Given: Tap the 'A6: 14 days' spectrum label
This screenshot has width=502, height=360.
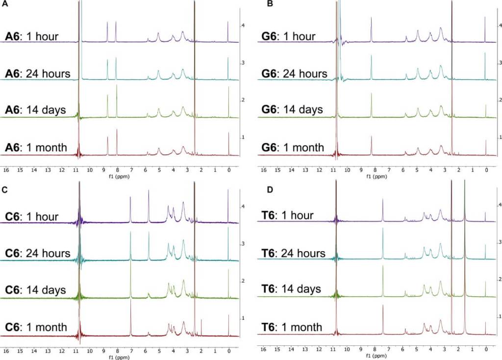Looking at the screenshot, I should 35,110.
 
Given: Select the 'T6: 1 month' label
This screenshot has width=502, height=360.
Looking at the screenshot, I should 292,327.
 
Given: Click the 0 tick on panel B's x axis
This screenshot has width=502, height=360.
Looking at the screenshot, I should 486,170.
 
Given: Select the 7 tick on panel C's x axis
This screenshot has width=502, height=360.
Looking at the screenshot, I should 131,351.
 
